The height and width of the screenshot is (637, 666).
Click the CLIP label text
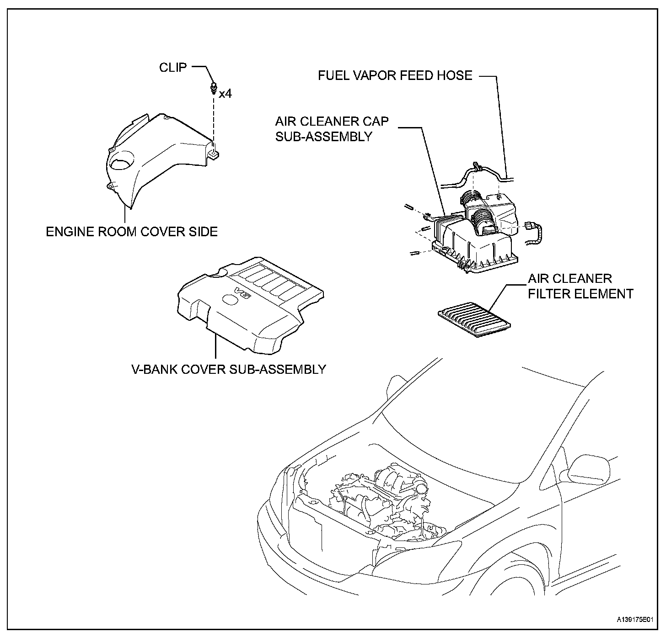point(173,68)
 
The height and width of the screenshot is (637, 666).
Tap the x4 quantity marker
point(226,94)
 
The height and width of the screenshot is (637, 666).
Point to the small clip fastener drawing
point(213,88)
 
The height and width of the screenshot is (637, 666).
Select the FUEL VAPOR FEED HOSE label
point(395,75)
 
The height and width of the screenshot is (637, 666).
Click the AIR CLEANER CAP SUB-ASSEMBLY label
point(332,129)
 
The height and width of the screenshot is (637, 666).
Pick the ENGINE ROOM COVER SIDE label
point(132,232)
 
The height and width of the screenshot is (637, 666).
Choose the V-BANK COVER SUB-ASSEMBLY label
point(229,369)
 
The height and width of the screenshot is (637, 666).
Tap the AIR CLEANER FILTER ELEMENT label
point(580,286)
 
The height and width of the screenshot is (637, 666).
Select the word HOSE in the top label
point(456,75)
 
